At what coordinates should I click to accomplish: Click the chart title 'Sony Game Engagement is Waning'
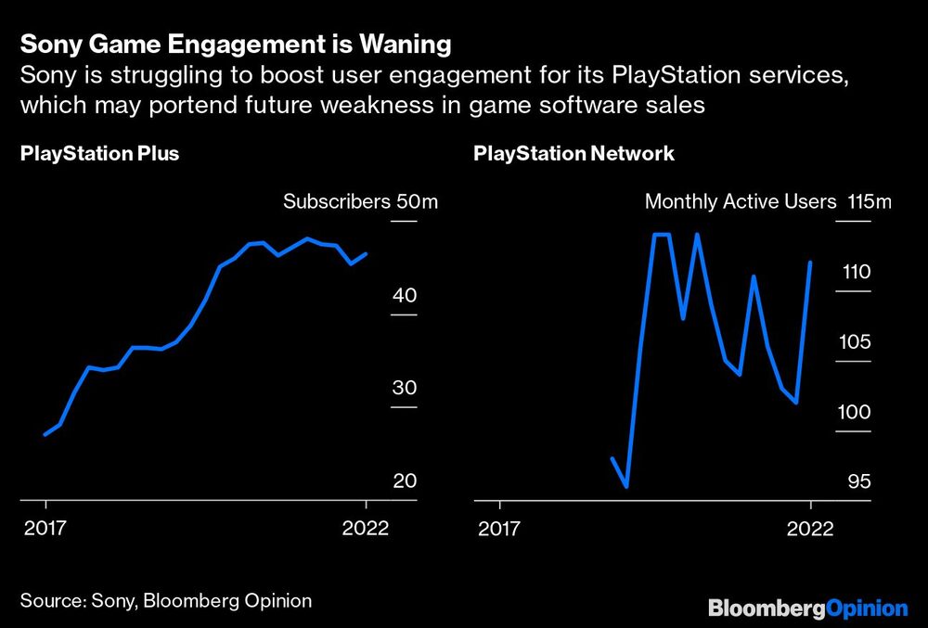pos(236,44)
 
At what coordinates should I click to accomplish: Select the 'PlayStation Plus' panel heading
pos(99,154)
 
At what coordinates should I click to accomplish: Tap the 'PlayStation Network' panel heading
pos(574,154)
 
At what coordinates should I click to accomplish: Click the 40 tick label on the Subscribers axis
pos(405,296)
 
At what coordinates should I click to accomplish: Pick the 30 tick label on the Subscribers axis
pos(405,388)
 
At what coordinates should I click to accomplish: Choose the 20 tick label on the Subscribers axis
pos(405,481)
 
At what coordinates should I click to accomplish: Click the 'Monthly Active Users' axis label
pos(741,201)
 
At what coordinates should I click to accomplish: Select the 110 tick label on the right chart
pos(856,273)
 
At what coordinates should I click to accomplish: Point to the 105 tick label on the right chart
pos(856,342)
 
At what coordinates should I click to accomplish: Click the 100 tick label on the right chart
pos(856,412)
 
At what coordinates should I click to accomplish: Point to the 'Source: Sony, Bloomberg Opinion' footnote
pos(166,600)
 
